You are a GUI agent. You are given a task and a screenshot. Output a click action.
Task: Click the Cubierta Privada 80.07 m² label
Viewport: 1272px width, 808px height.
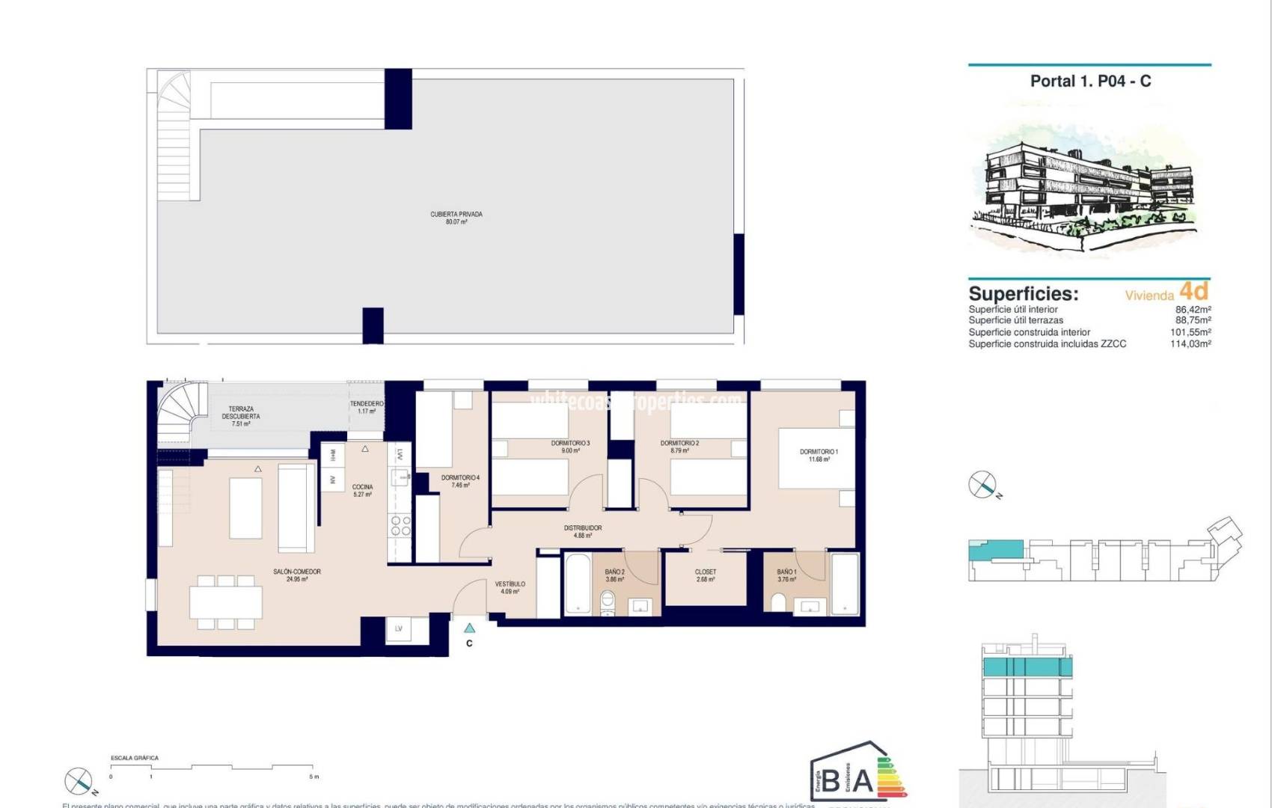[x=456, y=218]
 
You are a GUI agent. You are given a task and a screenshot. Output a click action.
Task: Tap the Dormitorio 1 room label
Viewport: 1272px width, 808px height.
[x=819, y=455]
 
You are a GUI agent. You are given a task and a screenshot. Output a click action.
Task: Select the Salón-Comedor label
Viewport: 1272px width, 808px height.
[x=297, y=575]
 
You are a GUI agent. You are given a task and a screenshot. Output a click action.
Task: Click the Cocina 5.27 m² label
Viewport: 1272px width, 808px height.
[x=362, y=490]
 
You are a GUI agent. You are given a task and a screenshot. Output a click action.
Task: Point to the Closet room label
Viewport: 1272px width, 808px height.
[x=705, y=575]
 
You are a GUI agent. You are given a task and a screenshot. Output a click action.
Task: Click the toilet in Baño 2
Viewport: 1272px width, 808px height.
[x=608, y=602]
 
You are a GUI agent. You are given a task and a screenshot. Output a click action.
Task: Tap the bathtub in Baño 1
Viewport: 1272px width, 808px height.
[x=845, y=584]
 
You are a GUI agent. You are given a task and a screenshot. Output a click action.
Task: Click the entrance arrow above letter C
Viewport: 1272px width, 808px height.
[x=469, y=628]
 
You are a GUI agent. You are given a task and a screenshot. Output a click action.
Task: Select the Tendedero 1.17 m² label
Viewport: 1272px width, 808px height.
[x=367, y=407]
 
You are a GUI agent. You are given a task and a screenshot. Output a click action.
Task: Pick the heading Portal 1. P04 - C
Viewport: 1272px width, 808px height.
[x=1090, y=81]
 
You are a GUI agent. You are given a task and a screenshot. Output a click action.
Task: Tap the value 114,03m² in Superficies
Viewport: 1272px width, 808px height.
[x=1190, y=344]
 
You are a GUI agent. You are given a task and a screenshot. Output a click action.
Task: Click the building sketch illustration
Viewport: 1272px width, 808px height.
[x=1085, y=187]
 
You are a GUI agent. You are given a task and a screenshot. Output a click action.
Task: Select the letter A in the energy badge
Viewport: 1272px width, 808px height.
[x=862, y=781]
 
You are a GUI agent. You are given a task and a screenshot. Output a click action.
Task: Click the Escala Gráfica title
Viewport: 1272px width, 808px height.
[x=135, y=758]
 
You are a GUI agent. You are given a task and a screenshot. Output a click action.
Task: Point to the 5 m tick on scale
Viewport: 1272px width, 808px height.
[x=314, y=776]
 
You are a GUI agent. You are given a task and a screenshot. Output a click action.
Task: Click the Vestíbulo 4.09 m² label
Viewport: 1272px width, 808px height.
[x=510, y=587]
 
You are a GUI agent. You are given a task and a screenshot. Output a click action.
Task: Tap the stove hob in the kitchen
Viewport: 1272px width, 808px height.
[x=400, y=525]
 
